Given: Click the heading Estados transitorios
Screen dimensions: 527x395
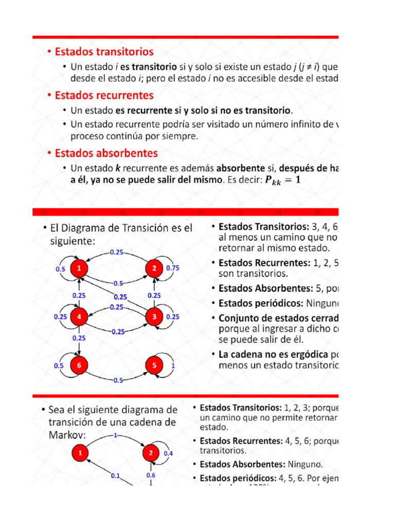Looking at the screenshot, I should [x=104, y=52].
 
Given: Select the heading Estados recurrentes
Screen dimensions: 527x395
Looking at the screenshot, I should [x=104, y=95].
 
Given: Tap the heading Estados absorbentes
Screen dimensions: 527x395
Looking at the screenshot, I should [x=106, y=153].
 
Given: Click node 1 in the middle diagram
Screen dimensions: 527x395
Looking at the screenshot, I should [x=79, y=268].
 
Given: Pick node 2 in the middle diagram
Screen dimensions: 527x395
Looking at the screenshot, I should [x=154, y=268].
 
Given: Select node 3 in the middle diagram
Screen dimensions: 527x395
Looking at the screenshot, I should [x=154, y=317].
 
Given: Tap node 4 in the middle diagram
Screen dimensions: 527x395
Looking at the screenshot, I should [x=79, y=317].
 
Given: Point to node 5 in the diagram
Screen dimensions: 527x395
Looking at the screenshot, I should [x=154, y=365].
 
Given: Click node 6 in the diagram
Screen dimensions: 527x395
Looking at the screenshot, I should [x=79, y=365].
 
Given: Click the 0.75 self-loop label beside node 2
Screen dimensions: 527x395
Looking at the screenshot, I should [x=173, y=268].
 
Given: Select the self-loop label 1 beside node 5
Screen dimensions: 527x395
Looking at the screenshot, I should [x=173, y=365].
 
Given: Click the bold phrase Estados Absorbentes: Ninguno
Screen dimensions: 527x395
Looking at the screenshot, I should [x=261, y=464].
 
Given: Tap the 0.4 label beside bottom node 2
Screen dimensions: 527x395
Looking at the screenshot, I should [x=169, y=453].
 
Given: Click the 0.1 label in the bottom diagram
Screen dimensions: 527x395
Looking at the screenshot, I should [x=115, y=476].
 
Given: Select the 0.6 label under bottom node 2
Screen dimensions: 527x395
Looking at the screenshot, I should [x=151, y=475].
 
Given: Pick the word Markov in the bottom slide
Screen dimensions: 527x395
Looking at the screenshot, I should [x=67, y=435].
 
